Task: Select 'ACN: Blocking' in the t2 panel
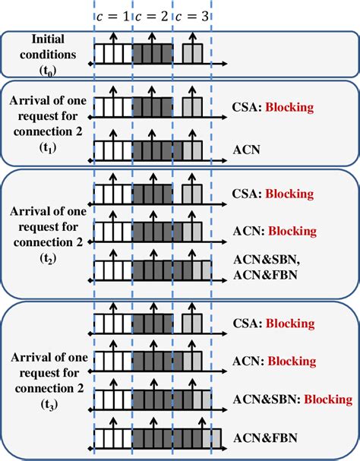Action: click(273, 230)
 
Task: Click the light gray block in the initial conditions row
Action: click(193, 53)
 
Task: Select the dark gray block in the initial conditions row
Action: click(152, 53)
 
